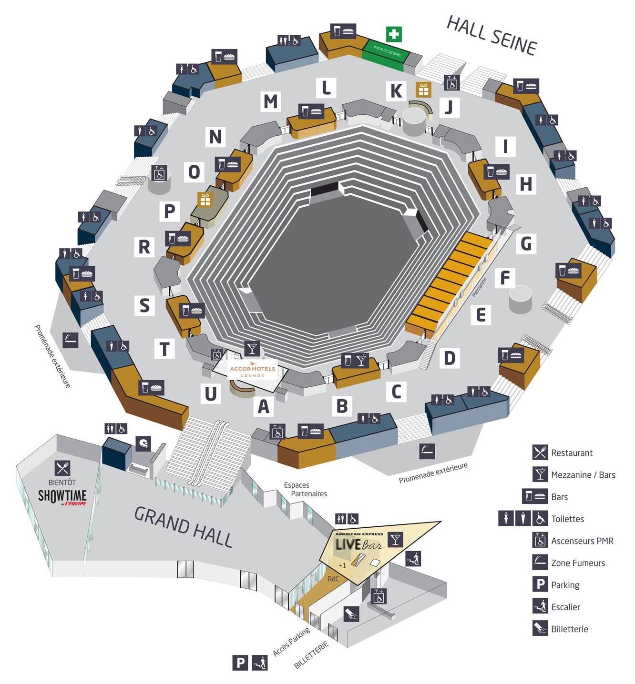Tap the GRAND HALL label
[184, 526]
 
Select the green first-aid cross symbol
[394, 34]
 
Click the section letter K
[396, 91]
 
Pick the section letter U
[210, 394]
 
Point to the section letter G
[526, 243]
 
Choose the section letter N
[215, 137]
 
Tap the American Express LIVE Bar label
[358, 543]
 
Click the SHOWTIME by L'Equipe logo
[62, 496]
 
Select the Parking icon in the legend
[540, 584]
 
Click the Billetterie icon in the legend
[540, 628]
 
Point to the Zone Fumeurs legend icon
[540, 563]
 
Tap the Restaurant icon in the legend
[540, 452]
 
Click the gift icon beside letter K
[423, 90]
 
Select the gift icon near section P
[205, 200]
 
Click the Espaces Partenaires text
[305, 489]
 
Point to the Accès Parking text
[291, 641]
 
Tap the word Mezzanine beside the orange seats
[479, 287]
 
